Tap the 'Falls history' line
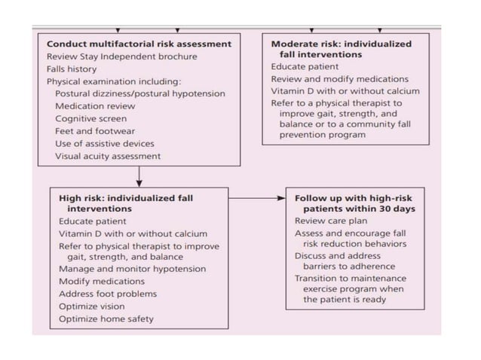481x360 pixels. point(72,69)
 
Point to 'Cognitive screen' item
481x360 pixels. point(90,118)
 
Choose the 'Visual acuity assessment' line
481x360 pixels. point(108,156)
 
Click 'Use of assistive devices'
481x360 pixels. point(104,143)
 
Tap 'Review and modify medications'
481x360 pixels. point(340,79)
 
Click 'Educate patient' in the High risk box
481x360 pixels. point(92,221)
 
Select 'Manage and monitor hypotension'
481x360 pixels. point(132,269)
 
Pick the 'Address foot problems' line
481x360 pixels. point(108,293)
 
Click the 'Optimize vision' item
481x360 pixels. point(91,306)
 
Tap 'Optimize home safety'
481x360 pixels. point(106,319)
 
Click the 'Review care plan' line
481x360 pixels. point(329,221)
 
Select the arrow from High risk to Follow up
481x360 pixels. point(256,199)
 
